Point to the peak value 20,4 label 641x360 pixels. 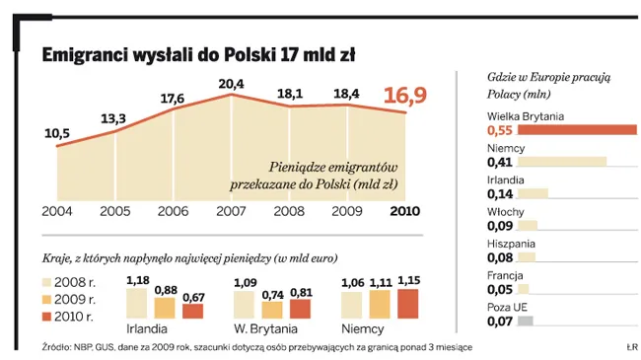(231, 83)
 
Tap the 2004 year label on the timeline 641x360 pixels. (56, 211)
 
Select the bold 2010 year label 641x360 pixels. (406, 211)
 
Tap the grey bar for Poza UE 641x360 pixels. (525, 321)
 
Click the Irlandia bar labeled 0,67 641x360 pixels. (194, 311)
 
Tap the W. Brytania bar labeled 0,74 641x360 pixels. (272, 309)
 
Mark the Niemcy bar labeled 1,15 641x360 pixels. (406, 303)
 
